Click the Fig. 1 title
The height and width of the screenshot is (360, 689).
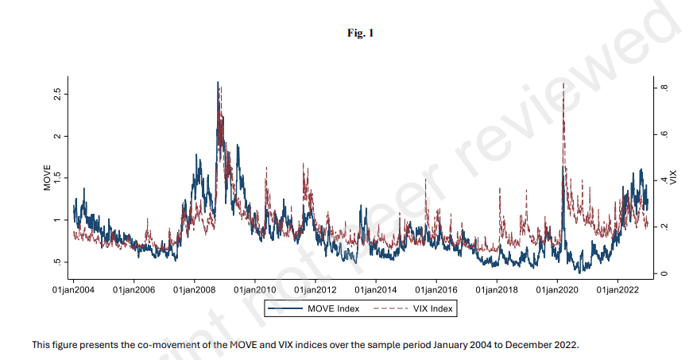[x=360, y=33]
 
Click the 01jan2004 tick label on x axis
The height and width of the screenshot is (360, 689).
[x=73, y=292]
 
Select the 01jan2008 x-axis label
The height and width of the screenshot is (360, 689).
[x=194, y=292]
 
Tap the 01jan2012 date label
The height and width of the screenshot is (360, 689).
[x=315, y=292]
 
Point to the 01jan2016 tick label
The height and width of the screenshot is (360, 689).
[x=436, y=292]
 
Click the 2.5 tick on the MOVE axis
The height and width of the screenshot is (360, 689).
[x=56, y=94]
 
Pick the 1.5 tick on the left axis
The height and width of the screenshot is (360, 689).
[x=56, y=178]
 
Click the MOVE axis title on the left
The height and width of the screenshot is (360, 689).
[x=47, y=178]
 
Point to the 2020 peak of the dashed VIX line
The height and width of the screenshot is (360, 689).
[x=563, y=83]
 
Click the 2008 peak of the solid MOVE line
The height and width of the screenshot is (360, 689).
[x=217, y=82]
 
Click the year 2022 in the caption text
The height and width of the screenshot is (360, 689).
[x=567, y=345]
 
